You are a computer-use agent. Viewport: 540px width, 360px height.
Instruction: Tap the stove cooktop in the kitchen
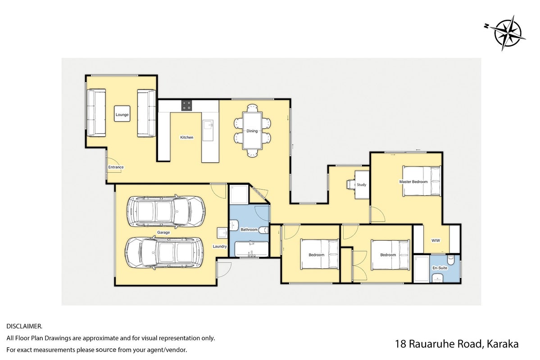tap(186, 105)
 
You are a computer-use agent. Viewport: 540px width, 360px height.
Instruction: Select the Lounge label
tap(122, 115)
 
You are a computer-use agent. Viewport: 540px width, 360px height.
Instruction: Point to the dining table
tap(252, 131)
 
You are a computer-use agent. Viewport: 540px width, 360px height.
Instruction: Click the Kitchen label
tap(186, 137)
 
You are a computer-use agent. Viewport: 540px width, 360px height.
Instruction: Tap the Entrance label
tap(116, 167)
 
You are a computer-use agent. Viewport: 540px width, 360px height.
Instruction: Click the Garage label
tap(163, 232)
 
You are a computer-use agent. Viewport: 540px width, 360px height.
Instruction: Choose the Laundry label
tap(220, 247)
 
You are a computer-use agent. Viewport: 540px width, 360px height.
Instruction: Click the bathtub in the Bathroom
tap(251, 249)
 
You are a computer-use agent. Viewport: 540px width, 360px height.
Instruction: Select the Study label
tap(362, 185)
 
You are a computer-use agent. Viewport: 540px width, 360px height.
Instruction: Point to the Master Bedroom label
tap(413, 182)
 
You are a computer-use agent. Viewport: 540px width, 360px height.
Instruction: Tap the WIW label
tap(436, 241)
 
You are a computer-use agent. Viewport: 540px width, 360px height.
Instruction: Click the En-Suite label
tap(440, 268)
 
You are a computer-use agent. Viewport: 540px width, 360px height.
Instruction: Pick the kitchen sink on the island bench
tap(208, 130)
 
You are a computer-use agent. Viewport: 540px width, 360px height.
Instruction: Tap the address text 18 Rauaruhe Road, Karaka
tap(457, 344)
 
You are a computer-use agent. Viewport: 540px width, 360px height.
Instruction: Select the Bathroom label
tap(249, 229)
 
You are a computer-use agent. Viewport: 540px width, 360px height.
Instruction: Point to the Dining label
tap(252, 131)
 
